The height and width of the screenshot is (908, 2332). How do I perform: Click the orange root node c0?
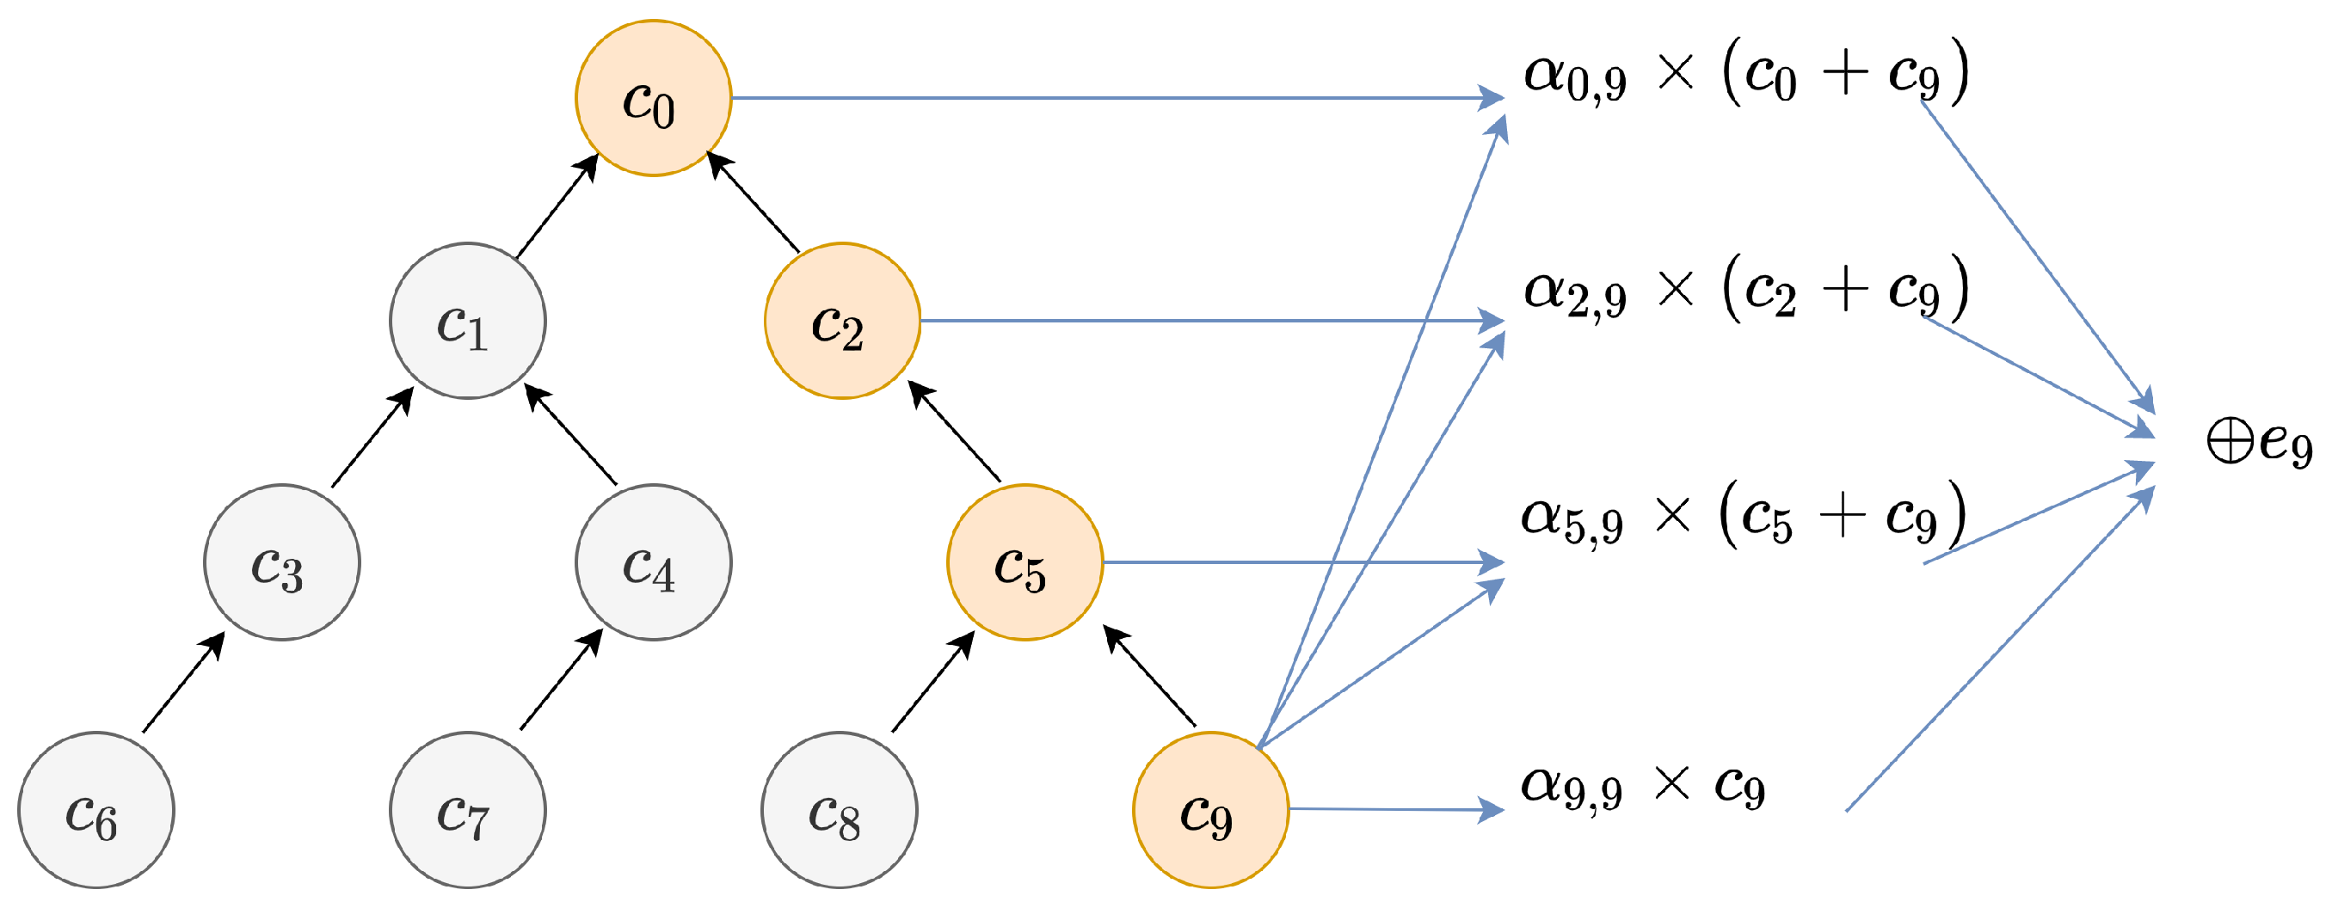point(653,98)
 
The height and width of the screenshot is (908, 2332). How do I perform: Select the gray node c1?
point(467,321)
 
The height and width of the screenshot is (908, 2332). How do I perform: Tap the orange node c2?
point(842,321)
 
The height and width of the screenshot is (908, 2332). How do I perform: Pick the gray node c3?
point(281,562)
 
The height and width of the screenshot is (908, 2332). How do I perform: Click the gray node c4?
point(653,562)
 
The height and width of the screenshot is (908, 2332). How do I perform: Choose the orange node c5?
point(1024,562)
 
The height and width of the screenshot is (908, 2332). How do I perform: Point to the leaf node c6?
point(96,809)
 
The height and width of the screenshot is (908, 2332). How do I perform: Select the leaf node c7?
point(467,809)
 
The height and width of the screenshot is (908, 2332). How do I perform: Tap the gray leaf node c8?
point(840,809)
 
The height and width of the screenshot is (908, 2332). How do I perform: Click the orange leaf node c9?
point(1210,809)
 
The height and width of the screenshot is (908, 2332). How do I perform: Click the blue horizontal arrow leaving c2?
point(1204,321)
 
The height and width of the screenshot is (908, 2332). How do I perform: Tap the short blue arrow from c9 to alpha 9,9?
point(1394,809)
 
